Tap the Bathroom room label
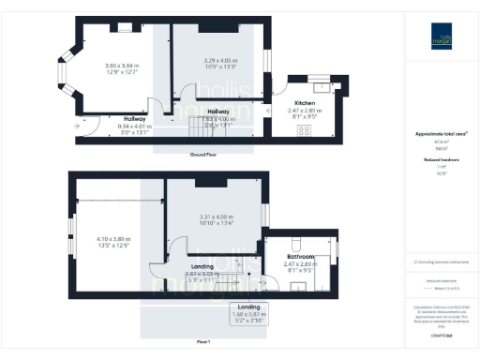pyautogui.click(x=301, y=256)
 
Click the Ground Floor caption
pyautogui.click(x=204, y=154)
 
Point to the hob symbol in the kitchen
pyautogui.click(x=305, y=129)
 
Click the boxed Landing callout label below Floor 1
pyautogui.click(x=249, y=311)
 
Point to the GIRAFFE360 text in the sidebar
pyautogui.click(x=441, y=334)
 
